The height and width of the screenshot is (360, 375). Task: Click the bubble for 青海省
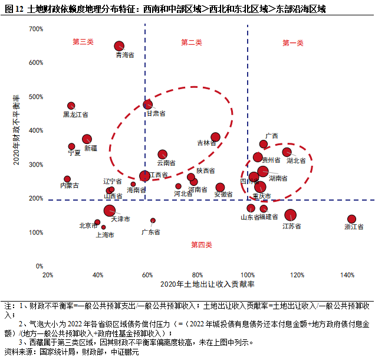tap(119, 46)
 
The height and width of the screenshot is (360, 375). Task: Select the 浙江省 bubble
tap(352, 219)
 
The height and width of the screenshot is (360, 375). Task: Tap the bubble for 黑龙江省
tap(71, 106)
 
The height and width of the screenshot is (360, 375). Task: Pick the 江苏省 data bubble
tap(291, 215)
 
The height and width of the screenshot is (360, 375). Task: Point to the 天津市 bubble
tap(110, 211)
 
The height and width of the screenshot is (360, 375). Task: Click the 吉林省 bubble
tap(216, 138)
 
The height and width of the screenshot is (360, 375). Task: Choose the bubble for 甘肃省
tap(147, 104)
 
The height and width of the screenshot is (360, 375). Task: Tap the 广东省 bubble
tap(153, 220)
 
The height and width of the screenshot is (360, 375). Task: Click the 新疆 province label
tap(91, 148)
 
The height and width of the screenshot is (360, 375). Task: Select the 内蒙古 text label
tap(70, 185)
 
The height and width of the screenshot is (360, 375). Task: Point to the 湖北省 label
tap(296, 160)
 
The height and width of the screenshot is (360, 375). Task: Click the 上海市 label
tap(105, 235)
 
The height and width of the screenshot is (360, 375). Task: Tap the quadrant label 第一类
tap(293, 42)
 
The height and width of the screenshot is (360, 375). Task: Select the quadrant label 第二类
tap(192, 42)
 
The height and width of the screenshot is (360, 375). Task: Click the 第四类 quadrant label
tap(201, 244)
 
